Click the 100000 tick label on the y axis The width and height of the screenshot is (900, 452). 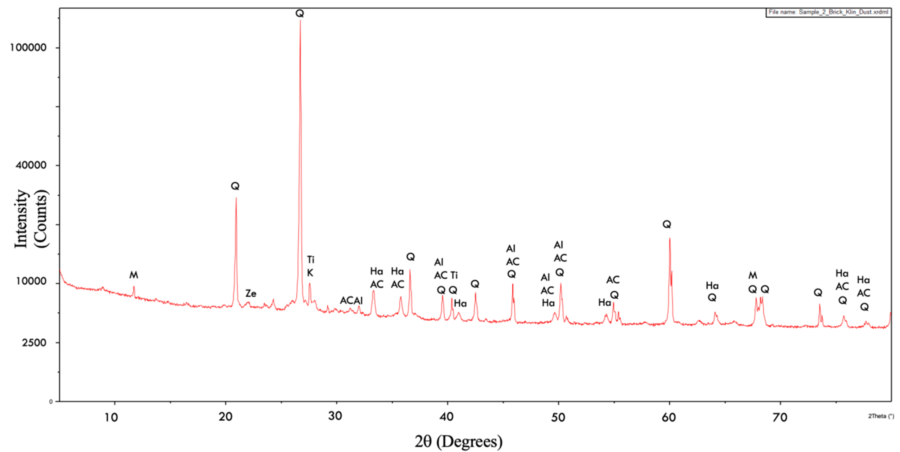tap(28, 47)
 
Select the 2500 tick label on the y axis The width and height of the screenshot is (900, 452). tap(34, 343)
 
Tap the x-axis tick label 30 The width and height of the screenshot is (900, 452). tap(335, 416)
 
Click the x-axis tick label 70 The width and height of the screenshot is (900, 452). tap(780, 417)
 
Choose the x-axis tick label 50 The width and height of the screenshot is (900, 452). tap(558, 417)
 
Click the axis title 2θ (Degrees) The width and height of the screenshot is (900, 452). tap(458, 442)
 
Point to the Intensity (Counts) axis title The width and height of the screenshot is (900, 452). tap(31, 219)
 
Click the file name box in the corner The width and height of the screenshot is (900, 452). tap(828, 12)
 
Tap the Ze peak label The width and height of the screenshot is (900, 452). tap(251, 293)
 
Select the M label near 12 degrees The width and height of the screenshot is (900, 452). tap(134, 275)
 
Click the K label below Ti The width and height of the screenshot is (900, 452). tap(310, 273)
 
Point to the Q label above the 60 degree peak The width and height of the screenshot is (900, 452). tap(667, 224)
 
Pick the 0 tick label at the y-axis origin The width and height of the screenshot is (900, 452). tap(51, 402)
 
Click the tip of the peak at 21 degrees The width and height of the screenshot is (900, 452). tap(236, 198)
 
